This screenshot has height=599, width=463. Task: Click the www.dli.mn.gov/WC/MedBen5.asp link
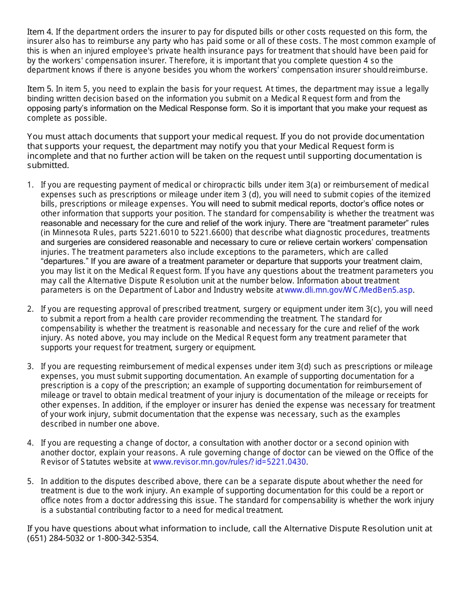349,290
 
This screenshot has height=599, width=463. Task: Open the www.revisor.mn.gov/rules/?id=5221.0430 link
230,462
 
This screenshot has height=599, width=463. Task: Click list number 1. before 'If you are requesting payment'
30,185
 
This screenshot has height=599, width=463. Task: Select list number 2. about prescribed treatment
30,309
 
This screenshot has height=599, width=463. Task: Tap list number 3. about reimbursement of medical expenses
30,367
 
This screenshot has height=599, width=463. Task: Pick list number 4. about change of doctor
30,443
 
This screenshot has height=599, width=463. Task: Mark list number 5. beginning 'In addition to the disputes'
30,482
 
